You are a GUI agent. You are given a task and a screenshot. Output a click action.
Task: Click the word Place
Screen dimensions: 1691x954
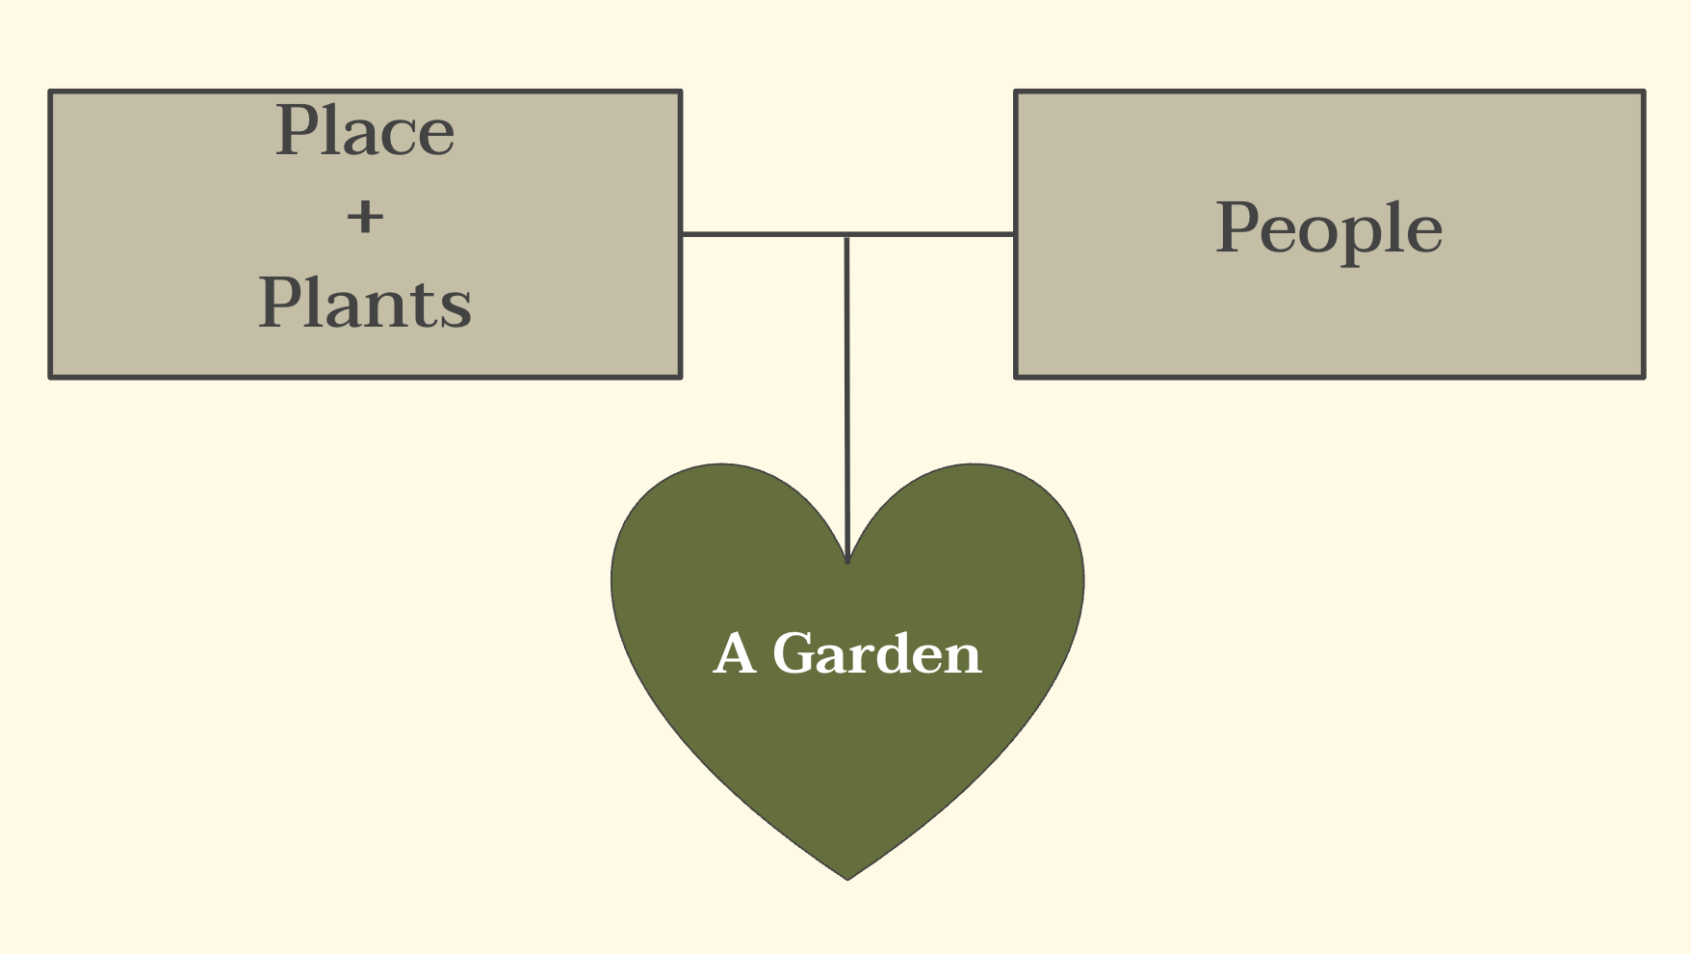[365, 131]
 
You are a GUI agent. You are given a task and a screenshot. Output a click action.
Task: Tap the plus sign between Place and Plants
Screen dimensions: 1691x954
[365, 217]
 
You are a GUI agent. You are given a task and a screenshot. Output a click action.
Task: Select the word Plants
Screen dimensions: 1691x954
[365, 304]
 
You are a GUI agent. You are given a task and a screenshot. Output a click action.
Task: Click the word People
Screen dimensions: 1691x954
[1329, 229]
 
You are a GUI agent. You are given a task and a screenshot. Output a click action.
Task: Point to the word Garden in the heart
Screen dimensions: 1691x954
[876, 654]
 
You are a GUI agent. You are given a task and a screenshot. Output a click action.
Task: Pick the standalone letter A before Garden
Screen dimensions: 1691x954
[735, 654]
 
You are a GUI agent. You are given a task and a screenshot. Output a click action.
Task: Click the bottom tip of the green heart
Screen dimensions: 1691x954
[847, 878]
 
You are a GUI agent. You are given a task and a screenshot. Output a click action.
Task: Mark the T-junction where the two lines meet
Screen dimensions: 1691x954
[846, 234]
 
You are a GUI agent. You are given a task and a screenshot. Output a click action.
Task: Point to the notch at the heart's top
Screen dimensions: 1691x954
[847, 562]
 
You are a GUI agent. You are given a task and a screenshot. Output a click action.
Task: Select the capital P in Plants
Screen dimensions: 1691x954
[280, 304]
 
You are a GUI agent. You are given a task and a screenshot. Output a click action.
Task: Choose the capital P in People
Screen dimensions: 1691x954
[1238, 228]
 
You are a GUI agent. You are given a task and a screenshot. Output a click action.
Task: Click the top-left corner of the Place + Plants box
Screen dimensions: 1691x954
[51, 93]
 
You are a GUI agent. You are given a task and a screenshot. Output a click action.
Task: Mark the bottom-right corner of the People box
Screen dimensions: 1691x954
[1642, 376]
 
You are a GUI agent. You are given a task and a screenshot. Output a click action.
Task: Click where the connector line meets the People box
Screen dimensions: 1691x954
[1015, 234]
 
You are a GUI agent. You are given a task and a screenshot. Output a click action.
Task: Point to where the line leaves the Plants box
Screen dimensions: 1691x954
[682, 234]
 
